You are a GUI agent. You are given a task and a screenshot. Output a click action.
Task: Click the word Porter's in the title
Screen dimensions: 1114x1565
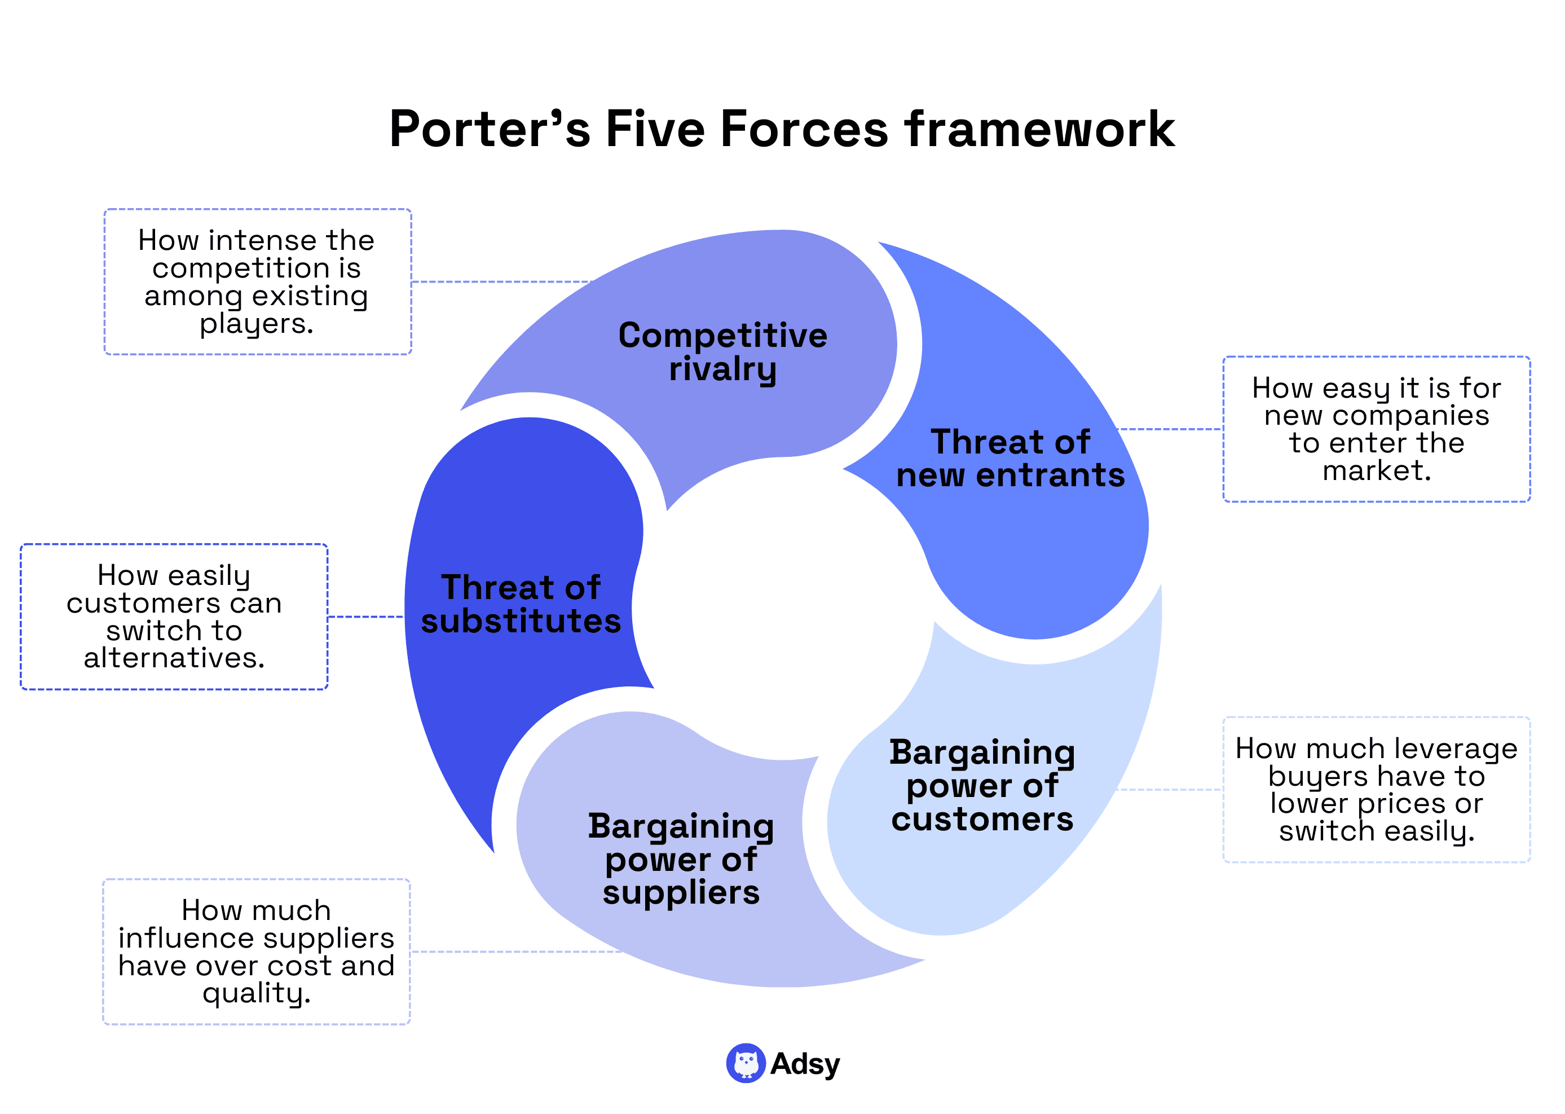pyautogui.click(x=489, y=129)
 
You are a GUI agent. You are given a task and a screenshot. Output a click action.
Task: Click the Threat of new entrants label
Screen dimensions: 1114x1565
pyautogui.click(x=1009, y=458)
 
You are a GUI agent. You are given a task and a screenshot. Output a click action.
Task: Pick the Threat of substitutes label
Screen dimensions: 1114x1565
pyautogui.click(x=521, y=604)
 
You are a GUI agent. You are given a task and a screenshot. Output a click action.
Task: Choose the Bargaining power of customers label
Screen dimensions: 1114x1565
pyautogui.click(x=981, y=785)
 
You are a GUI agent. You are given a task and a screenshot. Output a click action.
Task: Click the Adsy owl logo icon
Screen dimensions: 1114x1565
pyautogui.click(x=746, y=1063)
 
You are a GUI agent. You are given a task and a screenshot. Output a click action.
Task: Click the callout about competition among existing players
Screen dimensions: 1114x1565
pyautogui.click(x=257, y=281)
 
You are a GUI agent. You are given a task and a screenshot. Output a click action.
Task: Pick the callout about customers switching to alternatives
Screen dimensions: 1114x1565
pyautogui.click(x=174, y=616)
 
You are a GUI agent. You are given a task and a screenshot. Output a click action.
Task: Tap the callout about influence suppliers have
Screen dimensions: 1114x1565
pyautogui.click(x=256, y=951)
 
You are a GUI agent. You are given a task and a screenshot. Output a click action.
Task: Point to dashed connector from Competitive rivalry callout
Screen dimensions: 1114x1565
pyautogui.click(x=501, y=282)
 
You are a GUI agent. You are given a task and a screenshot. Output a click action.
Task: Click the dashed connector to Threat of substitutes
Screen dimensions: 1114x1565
pyautogui.click(x=365, y=617)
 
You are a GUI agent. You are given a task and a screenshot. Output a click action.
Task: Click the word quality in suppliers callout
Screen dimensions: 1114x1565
pyautogui.click(x=256, y=993)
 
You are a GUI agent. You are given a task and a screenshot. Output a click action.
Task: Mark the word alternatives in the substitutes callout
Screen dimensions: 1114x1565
pyautogui.click(x=174, y=658)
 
